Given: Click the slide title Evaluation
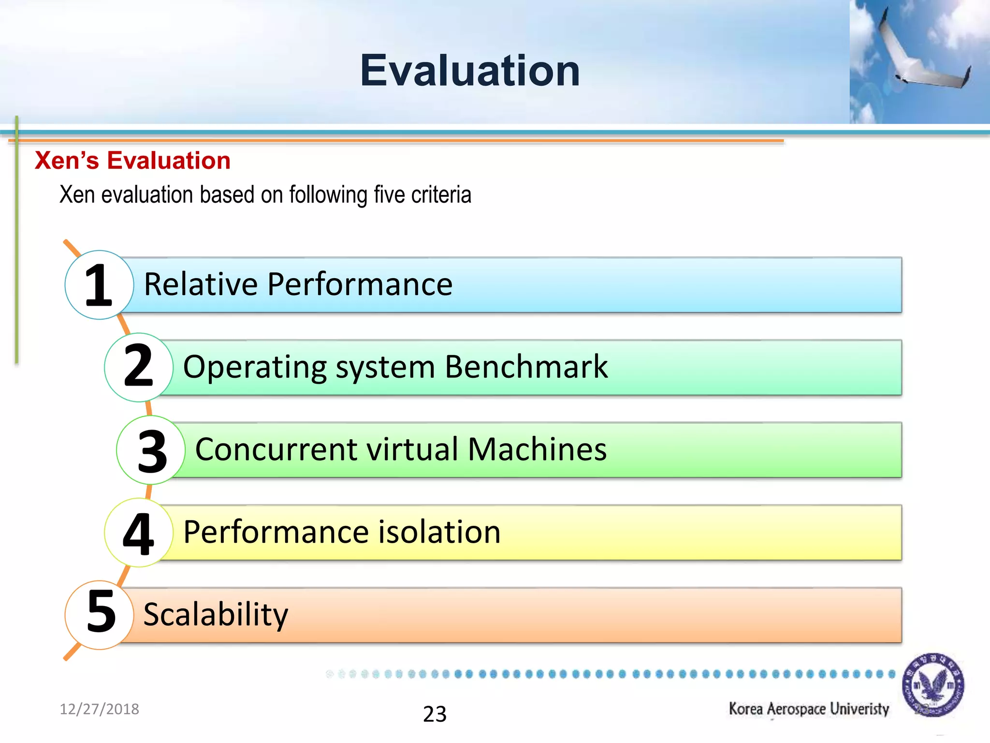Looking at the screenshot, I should click(469, 71).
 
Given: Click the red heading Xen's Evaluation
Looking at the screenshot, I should click(132, 161).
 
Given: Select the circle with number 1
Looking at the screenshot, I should click(99, 285).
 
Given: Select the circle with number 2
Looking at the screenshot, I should click(139, 367).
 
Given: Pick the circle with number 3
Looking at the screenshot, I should click(151, 450).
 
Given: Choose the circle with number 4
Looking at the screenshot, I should click(139, 533).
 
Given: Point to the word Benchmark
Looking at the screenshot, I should click(526, 367).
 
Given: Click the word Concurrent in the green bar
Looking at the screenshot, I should click(276, 449).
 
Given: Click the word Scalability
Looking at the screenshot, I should click(216, 615).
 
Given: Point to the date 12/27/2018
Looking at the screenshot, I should click(99, 709).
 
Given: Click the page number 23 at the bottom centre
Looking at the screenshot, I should click(435, 714).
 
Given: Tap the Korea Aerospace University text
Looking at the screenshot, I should click(809, 709).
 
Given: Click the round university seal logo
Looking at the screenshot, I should click(933, 685).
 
